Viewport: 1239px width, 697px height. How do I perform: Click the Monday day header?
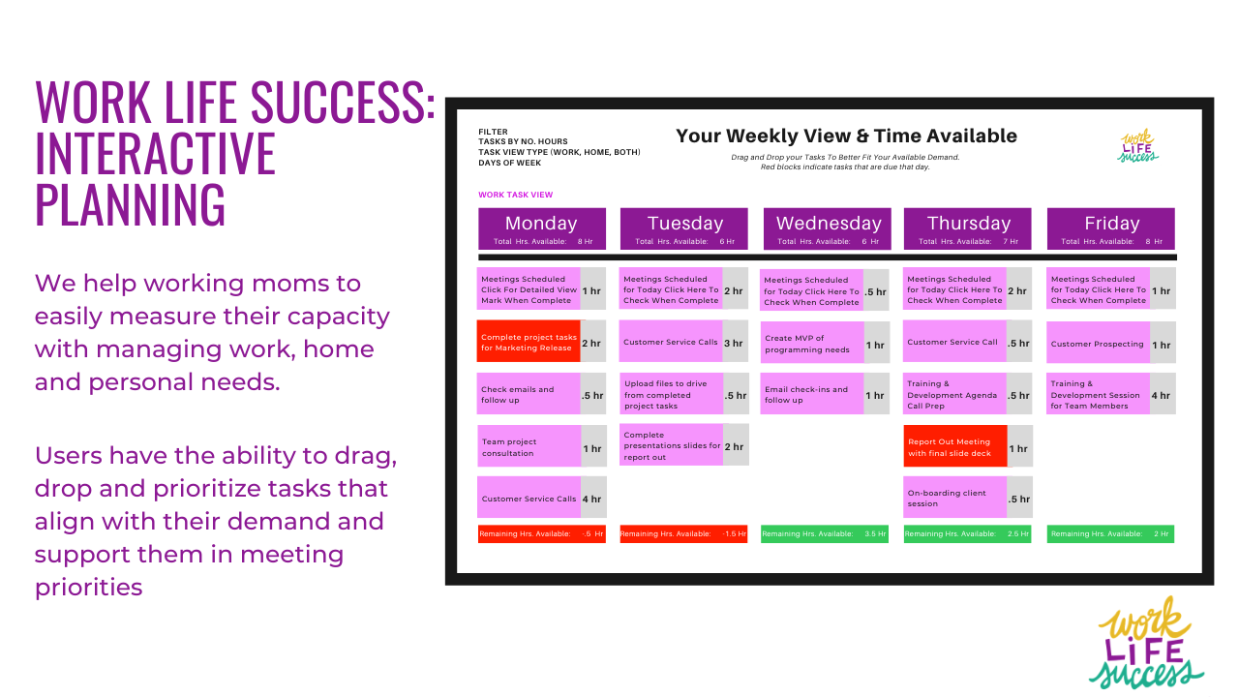(541, 228)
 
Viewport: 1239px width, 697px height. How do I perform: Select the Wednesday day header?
(828, 228)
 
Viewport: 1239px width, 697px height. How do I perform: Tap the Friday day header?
(1110, 228)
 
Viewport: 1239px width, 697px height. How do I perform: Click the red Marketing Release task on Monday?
(529, 343)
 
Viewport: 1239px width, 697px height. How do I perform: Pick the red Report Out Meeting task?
(954, 447)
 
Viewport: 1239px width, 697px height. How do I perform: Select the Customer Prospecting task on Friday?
(1097, 344)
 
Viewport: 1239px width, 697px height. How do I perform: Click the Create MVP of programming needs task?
(812, 344)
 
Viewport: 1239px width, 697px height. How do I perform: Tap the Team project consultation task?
(529, 447)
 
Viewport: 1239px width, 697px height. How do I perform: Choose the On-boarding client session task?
(954, 498)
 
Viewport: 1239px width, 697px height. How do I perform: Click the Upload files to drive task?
(671, 395)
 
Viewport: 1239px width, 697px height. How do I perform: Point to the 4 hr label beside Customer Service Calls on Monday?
(592, 499)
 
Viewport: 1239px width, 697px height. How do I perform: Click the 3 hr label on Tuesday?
(735, 343)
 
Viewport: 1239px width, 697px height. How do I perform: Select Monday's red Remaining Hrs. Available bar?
(541, 533)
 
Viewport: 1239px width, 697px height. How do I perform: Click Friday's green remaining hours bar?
(1110, 533)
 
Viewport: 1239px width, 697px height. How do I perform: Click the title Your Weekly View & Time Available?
(846, 136)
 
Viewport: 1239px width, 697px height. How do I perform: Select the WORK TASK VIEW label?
(515, 195)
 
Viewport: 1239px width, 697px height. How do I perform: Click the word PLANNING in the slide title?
(130, 204)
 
